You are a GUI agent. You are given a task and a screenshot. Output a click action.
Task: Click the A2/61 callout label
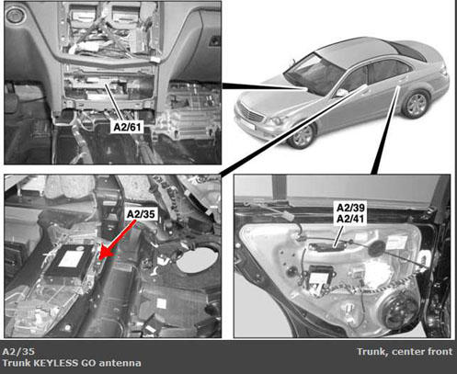[128, 127]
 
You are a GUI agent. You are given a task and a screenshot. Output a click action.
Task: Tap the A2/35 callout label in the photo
[141, 214]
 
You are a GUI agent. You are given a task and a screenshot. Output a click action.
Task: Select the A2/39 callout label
[351, 208]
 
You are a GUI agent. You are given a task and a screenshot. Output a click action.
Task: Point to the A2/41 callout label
[351, 219]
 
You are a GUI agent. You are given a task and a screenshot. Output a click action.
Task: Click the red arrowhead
[104, 252]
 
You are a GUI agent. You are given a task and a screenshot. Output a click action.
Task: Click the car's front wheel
[302, 136]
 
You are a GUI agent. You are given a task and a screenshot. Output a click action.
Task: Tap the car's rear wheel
[416, 104]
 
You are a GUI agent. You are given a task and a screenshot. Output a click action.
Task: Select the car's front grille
[251, 113]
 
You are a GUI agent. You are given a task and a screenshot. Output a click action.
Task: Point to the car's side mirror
[342, 92]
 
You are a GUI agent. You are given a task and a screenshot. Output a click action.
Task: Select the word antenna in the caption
[120, 363]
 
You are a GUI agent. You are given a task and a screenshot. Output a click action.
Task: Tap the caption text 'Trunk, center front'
[405, 352]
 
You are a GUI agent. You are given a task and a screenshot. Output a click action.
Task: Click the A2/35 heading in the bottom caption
[18, 351]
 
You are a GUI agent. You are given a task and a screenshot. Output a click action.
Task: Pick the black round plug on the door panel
[377, 248]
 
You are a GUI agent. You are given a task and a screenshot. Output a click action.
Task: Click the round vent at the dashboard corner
[14, 15]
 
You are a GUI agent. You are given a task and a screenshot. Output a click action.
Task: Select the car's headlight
[276, 120]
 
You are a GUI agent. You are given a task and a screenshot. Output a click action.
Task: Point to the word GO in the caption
[88, 363]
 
